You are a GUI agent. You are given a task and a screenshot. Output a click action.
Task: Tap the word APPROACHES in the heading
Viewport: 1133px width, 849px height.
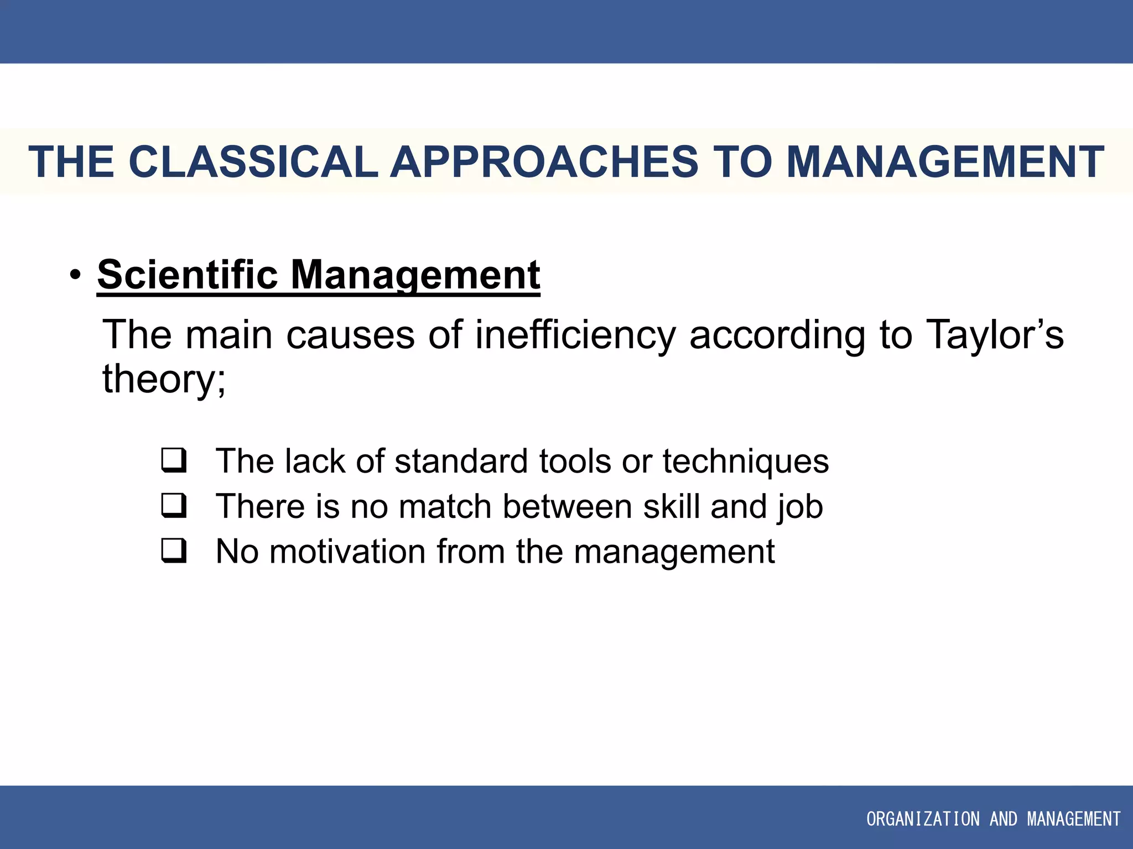(544, 162)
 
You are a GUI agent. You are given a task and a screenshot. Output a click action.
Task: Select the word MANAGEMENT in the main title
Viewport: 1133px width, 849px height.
(944, 162)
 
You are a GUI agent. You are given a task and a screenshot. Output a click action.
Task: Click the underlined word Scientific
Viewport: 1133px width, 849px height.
(188, 275)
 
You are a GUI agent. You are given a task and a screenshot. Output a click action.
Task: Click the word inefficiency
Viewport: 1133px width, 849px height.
(575, 335)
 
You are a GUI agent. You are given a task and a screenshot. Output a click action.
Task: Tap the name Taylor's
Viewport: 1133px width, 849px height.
(994, 335)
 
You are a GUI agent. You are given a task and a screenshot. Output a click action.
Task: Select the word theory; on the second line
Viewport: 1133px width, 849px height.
(164, 379)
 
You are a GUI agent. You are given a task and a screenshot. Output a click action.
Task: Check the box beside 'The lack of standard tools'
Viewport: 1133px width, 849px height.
(173, 460)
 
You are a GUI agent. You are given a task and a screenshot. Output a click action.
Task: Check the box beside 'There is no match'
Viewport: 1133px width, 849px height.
(173, 505)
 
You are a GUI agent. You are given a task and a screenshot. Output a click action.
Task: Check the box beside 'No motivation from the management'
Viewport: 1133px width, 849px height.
(173, 551)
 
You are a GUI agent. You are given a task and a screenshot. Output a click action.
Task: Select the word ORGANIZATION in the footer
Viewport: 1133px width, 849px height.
(922, 819)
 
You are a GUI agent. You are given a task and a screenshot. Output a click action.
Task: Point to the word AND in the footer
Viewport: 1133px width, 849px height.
(1003, 819)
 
